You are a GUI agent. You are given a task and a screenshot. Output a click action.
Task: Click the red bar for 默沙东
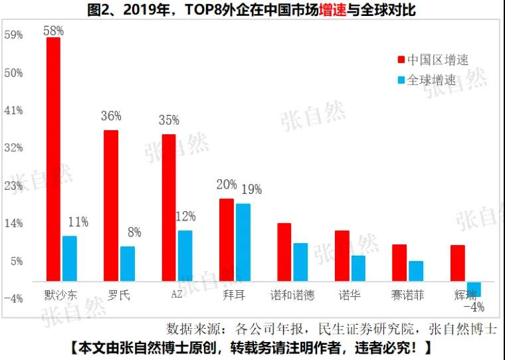click(53, 159)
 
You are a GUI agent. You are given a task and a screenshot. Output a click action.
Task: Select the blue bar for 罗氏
click(127, 264)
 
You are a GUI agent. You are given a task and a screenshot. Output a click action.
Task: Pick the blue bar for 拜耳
click(243, 242)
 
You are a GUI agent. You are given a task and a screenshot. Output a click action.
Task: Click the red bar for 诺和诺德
click(284, 252)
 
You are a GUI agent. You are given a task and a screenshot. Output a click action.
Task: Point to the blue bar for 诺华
click(358, 268)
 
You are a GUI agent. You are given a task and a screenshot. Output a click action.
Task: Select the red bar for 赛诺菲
click(399, 263)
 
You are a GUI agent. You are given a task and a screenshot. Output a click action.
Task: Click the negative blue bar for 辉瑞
click(474, 289)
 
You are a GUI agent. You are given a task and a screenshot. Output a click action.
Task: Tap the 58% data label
click(53, 30)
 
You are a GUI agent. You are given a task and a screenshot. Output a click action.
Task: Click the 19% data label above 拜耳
click(251, 190)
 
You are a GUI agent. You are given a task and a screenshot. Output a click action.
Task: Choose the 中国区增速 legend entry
click(433, 60)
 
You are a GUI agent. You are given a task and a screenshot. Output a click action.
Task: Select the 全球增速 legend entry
click(427, 80)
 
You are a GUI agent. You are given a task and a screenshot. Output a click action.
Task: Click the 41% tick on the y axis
click(13, 110)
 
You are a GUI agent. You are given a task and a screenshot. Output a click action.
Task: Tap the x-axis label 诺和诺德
click(292, 295)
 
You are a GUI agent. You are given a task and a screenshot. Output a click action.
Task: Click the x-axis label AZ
click(177, 295)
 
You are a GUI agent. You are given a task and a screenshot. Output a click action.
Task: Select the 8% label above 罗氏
click(134, 232)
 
